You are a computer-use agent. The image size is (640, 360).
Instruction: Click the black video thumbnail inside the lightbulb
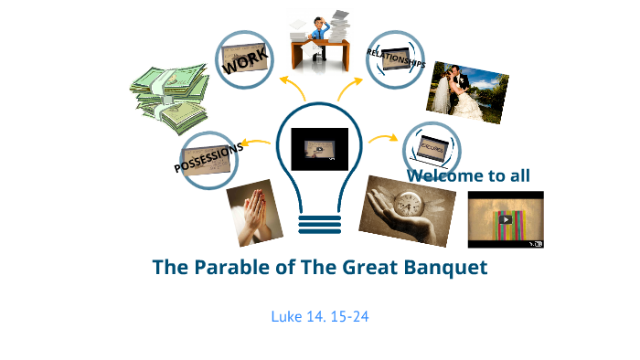click(x=320, y=149)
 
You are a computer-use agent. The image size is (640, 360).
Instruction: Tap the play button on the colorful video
click(x=506, y=219)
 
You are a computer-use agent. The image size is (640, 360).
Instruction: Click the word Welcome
click(x=445, y=175)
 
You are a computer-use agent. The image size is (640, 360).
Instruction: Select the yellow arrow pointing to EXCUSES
click(x=383, y=139)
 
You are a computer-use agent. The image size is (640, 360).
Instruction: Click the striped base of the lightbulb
click(x=320, y=222)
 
